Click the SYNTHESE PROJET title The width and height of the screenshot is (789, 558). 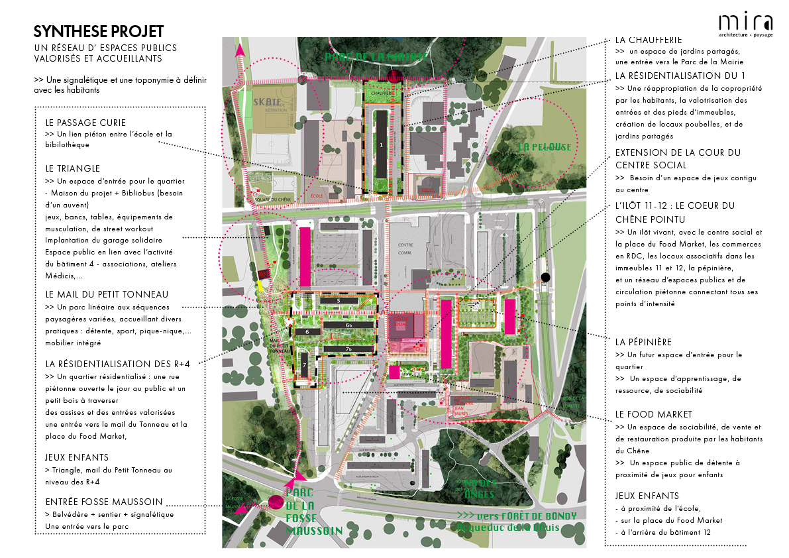(x=98, y=31)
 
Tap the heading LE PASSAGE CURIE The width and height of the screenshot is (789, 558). (x=85, y=123)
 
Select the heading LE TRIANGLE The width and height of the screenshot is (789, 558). (x=73, y=169)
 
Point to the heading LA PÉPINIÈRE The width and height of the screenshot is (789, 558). (x=643, y=342)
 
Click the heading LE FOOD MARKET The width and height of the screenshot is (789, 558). (x=654, y=414)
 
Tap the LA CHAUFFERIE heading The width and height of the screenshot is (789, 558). (x=649, y=40)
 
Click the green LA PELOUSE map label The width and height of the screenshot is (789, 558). (x=544, y=146)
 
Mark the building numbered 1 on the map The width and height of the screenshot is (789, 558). (x=381, y=142)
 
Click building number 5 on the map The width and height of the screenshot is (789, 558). (x=339, y=301)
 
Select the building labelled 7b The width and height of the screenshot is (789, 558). (x=348, y=349)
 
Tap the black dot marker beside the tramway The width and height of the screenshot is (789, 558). (x=545, y=277)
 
